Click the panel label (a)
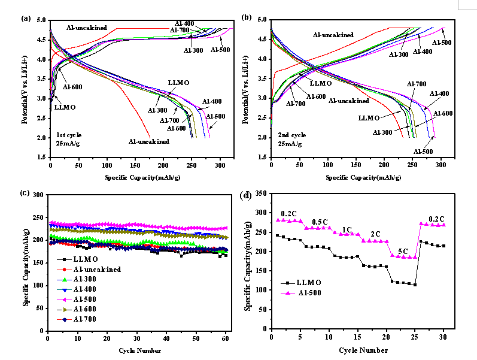[x=26, y=18]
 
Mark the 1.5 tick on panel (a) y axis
[x=42, y=157]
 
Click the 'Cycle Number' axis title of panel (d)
[x=360, y=349]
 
